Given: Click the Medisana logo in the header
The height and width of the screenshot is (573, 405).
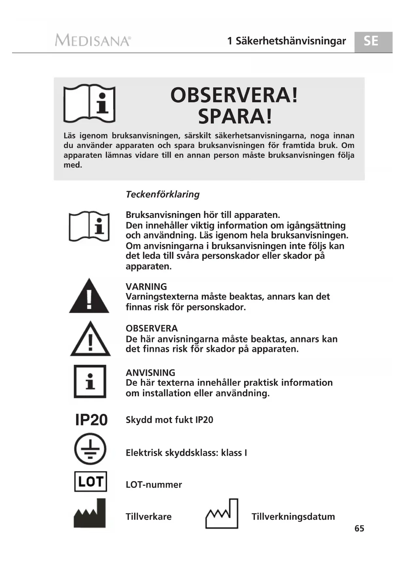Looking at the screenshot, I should click(x=93, y=41).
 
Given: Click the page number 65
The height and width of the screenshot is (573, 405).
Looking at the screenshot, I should click(x=359, y=528).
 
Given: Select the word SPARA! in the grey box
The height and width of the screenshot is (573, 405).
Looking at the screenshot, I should click(x=235, y=117).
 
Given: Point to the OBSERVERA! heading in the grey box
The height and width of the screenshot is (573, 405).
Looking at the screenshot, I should click(x=234, y=95).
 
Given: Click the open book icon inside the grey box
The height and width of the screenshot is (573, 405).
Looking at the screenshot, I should click(x=89, y=104).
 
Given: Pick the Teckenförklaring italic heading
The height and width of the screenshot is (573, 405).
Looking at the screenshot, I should click(x=163, y=194).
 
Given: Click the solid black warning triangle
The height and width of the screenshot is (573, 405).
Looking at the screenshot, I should click(x=89, y=296).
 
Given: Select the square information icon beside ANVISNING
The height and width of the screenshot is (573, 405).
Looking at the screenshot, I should click(x=90, y=381).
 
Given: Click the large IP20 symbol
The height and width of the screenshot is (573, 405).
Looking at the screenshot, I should click(x=91, y=420).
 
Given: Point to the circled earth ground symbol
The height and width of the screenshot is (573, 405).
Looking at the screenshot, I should click(x=90, y=449).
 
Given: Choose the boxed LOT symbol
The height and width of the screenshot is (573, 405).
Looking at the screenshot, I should click(x=91, y=481).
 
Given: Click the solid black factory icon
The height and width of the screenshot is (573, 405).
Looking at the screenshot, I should click(x=90, y=513).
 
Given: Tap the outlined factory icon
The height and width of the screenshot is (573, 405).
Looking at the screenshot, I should click(x=222, y=514).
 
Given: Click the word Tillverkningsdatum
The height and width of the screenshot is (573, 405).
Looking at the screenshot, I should click(x=293, y=516).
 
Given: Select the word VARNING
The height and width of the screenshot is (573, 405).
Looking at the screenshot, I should click(x=146, y=286).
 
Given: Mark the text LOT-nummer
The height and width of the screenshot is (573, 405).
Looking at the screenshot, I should click(x=154, y=484).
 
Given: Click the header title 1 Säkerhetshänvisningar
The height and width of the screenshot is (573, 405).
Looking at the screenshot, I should click(x=286, y=41).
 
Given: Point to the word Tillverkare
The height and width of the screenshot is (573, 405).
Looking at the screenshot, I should click(x=148, y=516).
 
